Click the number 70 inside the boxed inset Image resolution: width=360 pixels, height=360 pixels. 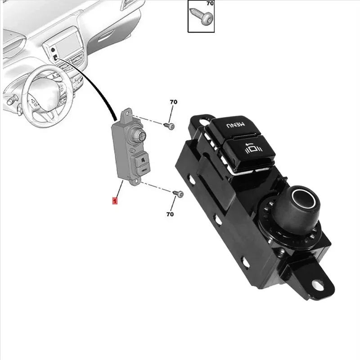click(x=210, y=4)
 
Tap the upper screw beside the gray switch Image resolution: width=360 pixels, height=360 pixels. click(x=169, y=126)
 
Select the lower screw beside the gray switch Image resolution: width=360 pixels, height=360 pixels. click(x=178, y=193)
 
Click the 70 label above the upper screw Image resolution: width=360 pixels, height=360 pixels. click(x=174, y=102)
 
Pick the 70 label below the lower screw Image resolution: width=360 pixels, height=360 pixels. click(x=170, y=214)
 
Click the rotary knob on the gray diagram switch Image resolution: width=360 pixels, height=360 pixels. click(x=138, y=134)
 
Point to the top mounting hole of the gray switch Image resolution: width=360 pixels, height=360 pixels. click(x=127, y=114)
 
